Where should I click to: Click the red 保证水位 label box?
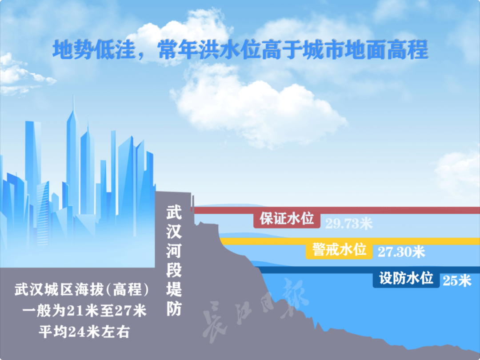pos(287,220)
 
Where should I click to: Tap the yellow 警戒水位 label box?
pos(339,250)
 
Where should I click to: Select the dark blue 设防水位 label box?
pos(406,279)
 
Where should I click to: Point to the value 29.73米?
pos(349,224)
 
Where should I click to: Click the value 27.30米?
pos(401,252)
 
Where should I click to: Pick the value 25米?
pos(457,280)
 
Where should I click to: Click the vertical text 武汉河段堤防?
pos(174,260)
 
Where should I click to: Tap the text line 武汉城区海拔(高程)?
pos(81,290)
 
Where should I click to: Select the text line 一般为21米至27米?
pos(84,311)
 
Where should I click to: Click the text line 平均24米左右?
pos(84,332)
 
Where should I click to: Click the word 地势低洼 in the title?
pos(94,50)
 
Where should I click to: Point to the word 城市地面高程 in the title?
pos(365,50)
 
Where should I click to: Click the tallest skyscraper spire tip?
pos(73,95)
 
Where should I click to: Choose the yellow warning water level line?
pos(350,241)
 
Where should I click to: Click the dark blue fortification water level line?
pos(368,270)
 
